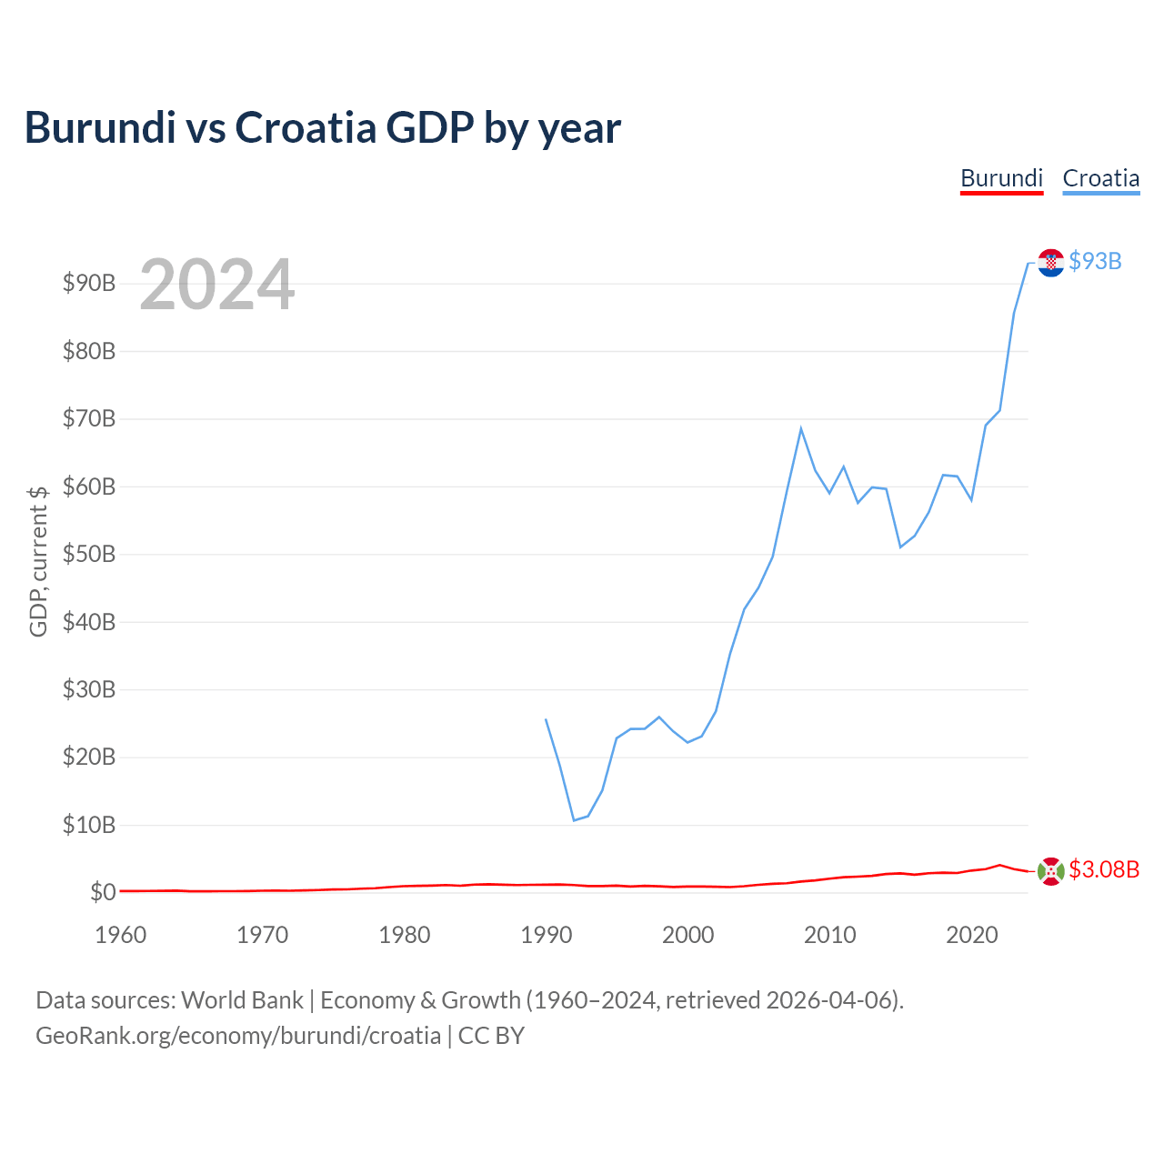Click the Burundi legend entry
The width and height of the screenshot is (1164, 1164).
point(1001,179)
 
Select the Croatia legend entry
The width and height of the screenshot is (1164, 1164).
point(1100,179)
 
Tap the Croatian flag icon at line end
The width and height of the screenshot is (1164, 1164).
point(1050,263)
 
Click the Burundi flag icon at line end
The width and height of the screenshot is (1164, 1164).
point(1050,871)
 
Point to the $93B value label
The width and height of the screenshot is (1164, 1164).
point(1095,262)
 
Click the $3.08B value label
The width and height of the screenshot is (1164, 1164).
point(1104,870)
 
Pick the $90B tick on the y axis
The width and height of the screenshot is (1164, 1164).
point(89,284)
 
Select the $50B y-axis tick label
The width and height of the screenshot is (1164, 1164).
point(89,554)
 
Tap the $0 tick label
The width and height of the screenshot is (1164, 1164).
point(103,892)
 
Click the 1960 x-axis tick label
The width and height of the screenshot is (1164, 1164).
point(120,935)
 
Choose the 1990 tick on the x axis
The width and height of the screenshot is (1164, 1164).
point(546,935)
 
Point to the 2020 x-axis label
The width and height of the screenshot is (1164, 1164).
point(971,935)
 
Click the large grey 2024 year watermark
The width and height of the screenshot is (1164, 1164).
point(217,284)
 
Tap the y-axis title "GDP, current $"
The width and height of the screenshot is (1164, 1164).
point(38,561)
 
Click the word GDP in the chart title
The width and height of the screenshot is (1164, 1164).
point(430,127)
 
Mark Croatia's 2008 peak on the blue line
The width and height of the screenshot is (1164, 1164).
point(801,429)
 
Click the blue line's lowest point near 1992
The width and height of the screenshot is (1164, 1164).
point(574,819)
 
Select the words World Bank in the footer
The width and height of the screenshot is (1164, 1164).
point(242,1000)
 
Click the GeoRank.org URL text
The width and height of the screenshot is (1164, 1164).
point(238,1036)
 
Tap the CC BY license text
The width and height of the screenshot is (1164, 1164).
point(491,1036)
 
